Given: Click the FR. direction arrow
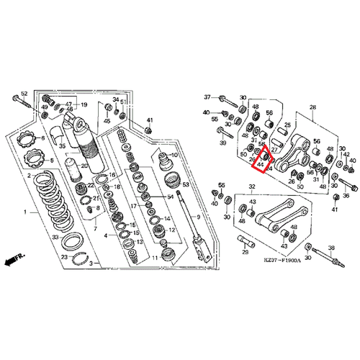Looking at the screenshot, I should pos(14,258).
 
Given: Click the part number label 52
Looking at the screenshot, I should pos(24,94).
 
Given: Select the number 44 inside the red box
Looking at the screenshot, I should pos(259,164).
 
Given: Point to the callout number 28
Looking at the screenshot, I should pos(312,107).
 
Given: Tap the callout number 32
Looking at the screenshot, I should pos(252,186).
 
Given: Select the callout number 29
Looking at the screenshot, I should pos(244,253).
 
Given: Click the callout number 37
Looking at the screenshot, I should pos(207,97).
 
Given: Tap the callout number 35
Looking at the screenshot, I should pos(62,147).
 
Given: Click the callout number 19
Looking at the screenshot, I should pos(84,105).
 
